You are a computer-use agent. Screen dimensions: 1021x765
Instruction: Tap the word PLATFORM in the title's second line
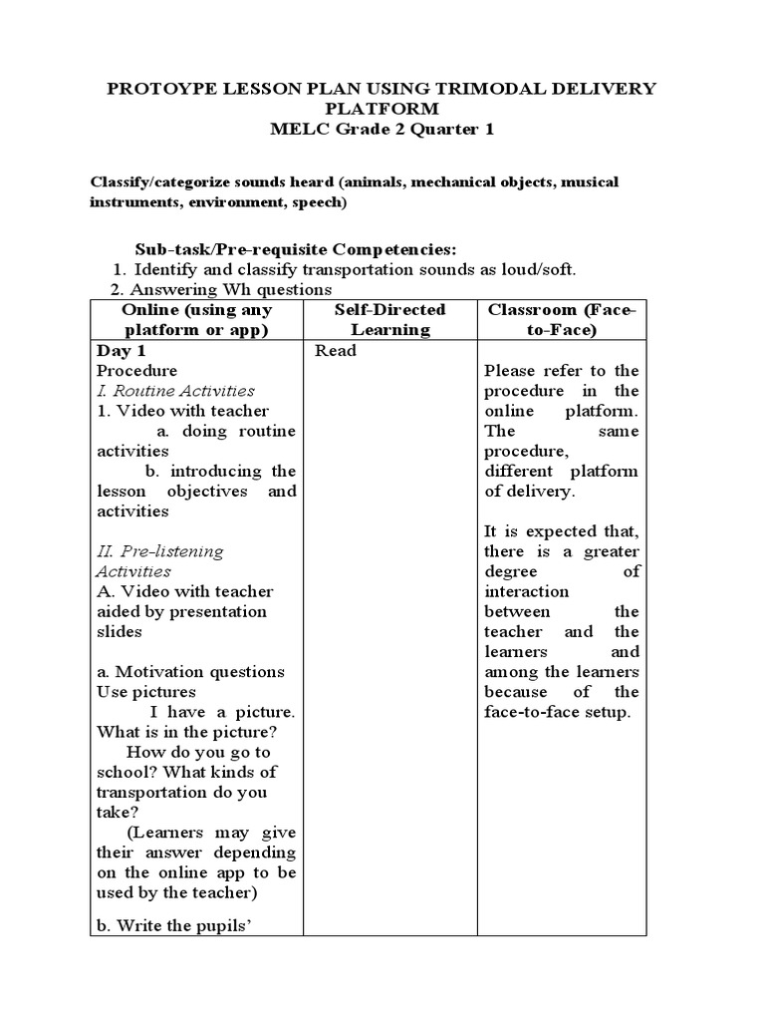point(382,108)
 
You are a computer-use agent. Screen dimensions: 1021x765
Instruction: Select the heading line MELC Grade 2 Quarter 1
point(382,128)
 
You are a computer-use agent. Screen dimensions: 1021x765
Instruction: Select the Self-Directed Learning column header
point(389,319)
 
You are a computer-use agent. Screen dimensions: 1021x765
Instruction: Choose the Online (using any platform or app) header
point(196,319)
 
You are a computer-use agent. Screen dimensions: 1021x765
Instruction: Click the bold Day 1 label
point(122,351)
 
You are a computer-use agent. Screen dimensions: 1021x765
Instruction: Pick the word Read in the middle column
point(335,351)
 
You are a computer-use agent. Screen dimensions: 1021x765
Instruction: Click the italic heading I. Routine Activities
point(175,391)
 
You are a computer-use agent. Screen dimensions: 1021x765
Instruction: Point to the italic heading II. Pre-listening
point(159,551)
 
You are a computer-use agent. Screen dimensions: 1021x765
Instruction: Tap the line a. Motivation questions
point(190,672)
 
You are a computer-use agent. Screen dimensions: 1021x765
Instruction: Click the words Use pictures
point(145,692)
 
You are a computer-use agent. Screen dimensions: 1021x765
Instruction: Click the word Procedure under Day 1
point(135,371)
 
